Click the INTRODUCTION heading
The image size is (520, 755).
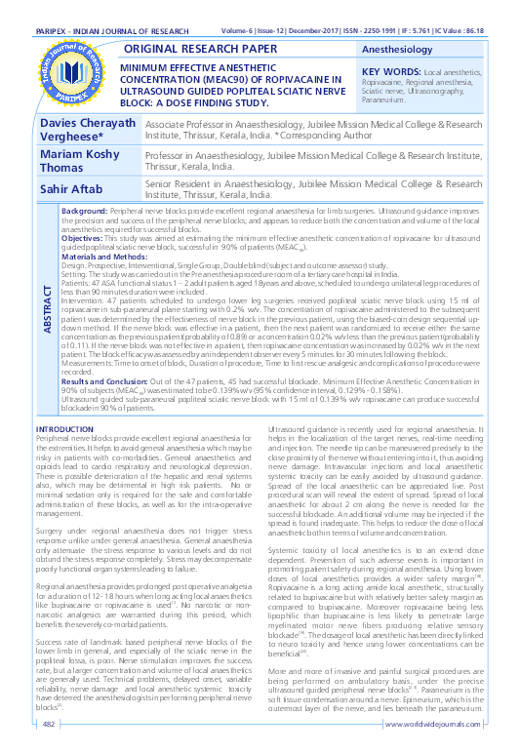(x=64, y=429)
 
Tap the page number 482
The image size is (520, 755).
(x=47, y=724)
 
